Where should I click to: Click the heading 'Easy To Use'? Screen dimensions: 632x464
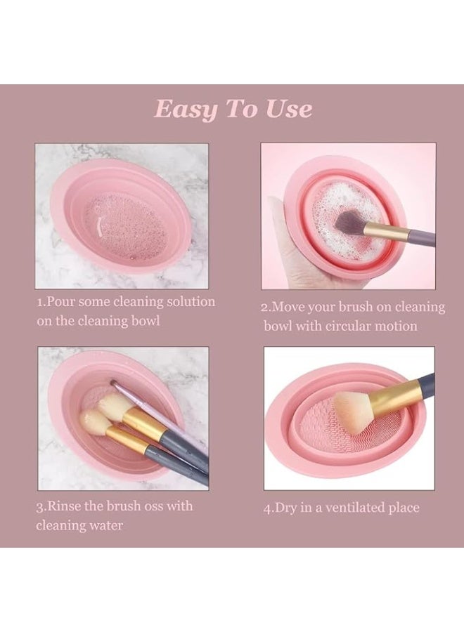point(233,110)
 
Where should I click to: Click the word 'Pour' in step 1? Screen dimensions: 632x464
point(61,302)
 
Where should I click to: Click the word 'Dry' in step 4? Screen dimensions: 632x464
point(287,508)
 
